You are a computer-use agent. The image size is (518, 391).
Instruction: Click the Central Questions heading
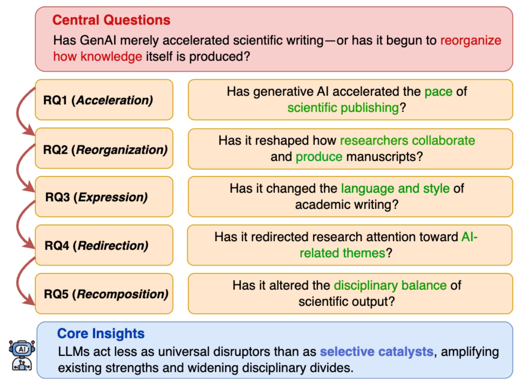pyautogui.click(x=111, y=20)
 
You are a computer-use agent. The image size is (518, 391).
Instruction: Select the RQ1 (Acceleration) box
pyautogui.click(x=104, y=100)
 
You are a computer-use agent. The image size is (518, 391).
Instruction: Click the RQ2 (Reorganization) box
pyautogui.click(x=104, y=148)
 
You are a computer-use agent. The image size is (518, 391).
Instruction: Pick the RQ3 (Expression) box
pyautogui.click(x=104, y=197)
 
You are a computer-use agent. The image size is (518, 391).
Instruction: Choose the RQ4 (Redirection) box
pyautogui.click(x=104, y=245)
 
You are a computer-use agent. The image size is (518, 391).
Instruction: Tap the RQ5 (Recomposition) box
pyautogui.click(x=104, y=294)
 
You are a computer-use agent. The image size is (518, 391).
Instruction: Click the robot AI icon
pyautogui.click(x=22, y=355)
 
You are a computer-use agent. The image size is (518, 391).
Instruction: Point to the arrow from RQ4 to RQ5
pyautogui.click(x=17, y=281)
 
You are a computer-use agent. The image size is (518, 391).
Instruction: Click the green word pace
pyautogui.click(x=438, y=92)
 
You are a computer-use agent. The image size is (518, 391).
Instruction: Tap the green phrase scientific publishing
pyautogui.click(x=343, y=108)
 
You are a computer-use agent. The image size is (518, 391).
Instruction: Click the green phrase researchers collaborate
pyautogui.click(x=407, y=140)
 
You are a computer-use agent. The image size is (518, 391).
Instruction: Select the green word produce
pyautogui.click(x=319, y=157)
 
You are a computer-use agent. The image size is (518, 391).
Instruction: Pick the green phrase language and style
pyautogui.click(x=395, y=189)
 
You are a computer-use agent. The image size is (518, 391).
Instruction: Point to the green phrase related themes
pyautogui.click(x=342, y=253)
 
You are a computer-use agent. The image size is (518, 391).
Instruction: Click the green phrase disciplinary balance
pyautogui.click(x=390, y=286)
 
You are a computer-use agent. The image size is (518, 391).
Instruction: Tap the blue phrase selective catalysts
pyautogui.click(x=377, y=352)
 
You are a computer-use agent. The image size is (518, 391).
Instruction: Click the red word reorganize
pyautogui.click(x=471, y=41)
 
